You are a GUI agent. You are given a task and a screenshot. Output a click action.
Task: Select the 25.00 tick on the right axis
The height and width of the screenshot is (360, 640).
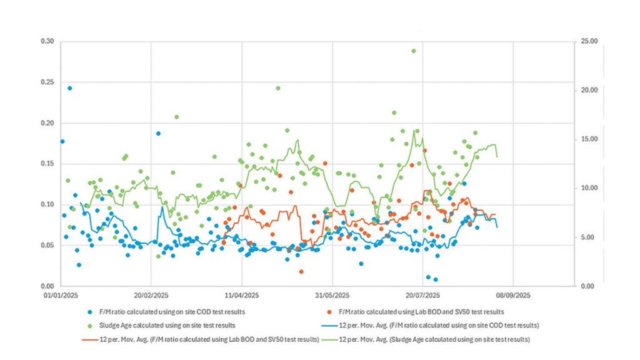591,41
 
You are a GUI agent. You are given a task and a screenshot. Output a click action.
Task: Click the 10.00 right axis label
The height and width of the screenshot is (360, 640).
591,188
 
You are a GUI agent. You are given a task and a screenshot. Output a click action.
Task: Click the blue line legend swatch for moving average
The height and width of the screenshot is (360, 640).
327,325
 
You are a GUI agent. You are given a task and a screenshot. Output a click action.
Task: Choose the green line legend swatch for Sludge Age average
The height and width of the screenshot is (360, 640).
327,339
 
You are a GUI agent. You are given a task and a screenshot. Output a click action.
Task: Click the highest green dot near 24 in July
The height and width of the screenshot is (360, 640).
414,51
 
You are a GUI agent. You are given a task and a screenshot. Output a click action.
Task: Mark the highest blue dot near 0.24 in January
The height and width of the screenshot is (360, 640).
70,88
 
